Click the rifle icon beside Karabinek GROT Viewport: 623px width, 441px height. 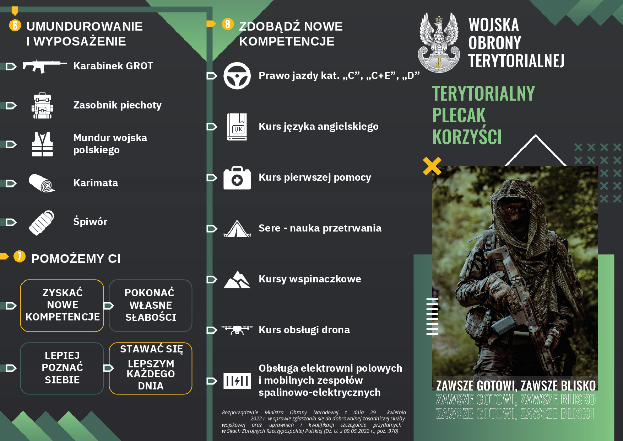pyautogui.click(x=44, y=66)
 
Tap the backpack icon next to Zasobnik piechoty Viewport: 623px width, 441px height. pyautogui.click(x=42, y=106)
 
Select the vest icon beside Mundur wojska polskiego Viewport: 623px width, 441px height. pyautogui.click(x=42, y=144)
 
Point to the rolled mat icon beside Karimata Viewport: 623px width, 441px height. pyautogui.click(x=42, y=183)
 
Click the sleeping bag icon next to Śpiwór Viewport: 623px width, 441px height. pyautogui.click(x=41, y=223)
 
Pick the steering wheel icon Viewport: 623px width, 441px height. pyautogui.click(x=237, y=76)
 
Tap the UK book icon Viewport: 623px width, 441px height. pyautogui.click(x=237, y=127)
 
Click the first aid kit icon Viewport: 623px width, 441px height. pyautogui.click(x=237, y=177)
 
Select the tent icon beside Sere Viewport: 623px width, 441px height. pyautogui.click(x=237, y=229)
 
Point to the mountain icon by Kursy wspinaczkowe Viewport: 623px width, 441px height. pyautogui.click(x=237, y=280)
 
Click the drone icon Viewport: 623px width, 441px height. pyautogui.click(x=237, y=330)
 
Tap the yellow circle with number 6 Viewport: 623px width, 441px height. pyautogui.click(x=15, y=25)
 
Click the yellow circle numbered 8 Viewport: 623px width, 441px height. pyautogui.click(x=228, y=24)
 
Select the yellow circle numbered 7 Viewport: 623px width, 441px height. pyautogui.click(x=20, y=256)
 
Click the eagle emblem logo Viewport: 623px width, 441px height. pyautogui.click(x=439, y=42)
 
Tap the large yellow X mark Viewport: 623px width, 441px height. pyautogui.click(x=432, y=166)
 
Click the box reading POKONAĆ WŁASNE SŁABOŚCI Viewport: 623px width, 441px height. pyautogui.click(x=151, y=305)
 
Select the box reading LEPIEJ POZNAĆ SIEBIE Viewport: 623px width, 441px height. pyautogui.click(x=62, y=368)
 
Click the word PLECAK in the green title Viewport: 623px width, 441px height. pyautogui.click(x=459, y=115)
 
